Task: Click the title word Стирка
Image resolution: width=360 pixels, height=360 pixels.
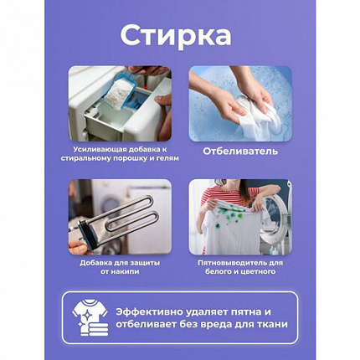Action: pos(179,38)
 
